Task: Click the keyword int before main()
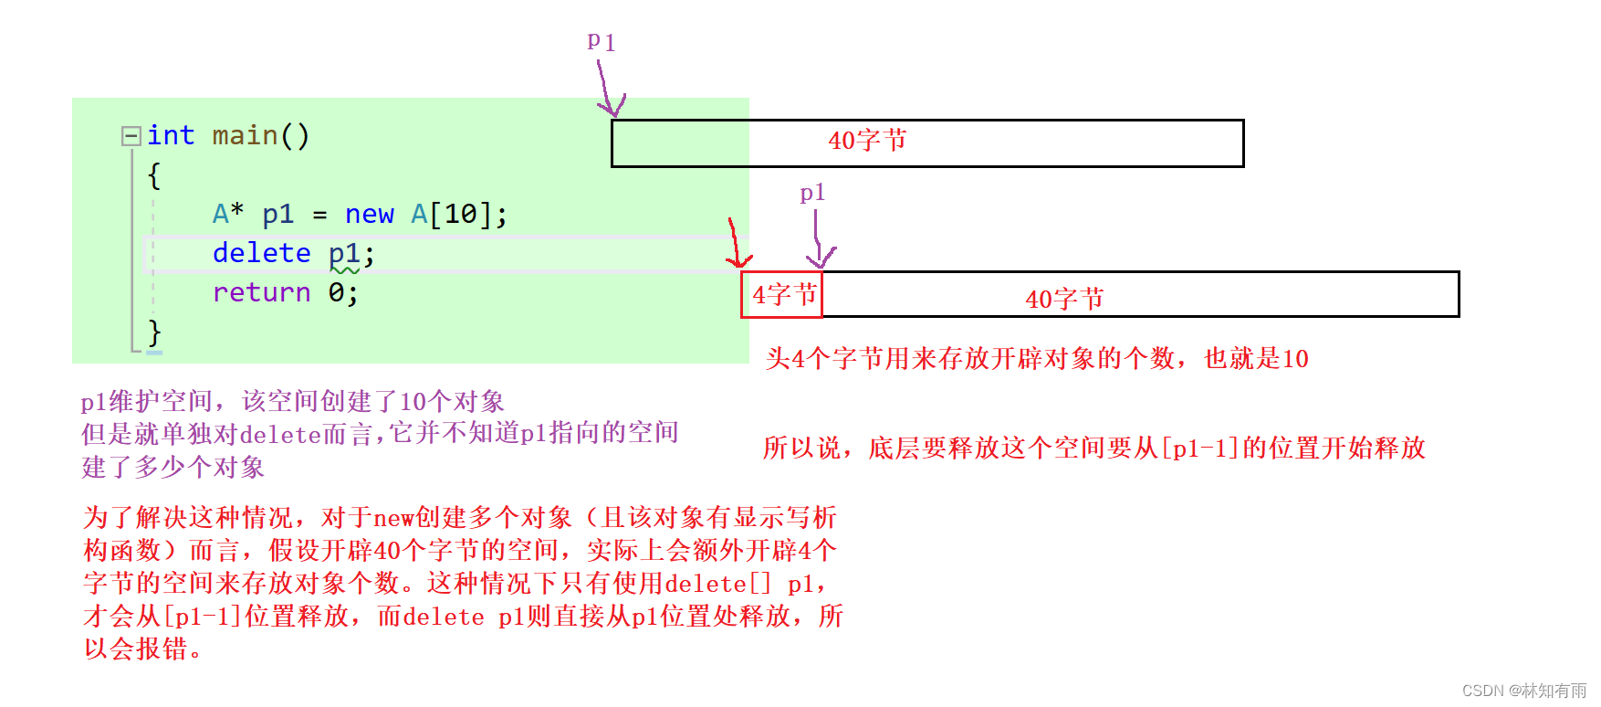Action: pyautogui.click(x=171, y=135)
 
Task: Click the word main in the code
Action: pyautogui.click(x=245, y=135)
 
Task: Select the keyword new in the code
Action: pyautogui.click(x=369, y=214)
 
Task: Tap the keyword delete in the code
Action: pyautogui.click(x=261, y=253)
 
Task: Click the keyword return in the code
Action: pyautogui.click(x=261, y=292)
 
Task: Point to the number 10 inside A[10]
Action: pyautogui.click(x=461, y=214)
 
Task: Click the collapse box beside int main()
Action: pyautogui.click(x=131, y=136)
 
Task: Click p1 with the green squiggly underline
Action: pyautogui.click(x=344, y=254)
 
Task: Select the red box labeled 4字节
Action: pyautogui.click(x=782, y=294)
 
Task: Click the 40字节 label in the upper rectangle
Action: pyautogui.click(x=867, y=141)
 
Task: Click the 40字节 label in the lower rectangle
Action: pyautogui.click(x=1064, y=299)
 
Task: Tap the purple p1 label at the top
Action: pyautogui.click(x=601, y=41)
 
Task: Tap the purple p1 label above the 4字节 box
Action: pyautogui.click(x=812, y=193)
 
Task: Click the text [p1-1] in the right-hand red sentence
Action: pyautogui.click(x=1198, y=448)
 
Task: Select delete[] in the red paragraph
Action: pyautogui.click(x=717, y=584)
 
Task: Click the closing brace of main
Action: pyautogui.click(x=154, y=331)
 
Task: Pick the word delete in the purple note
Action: pyautogui.click(x=280, y=434)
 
